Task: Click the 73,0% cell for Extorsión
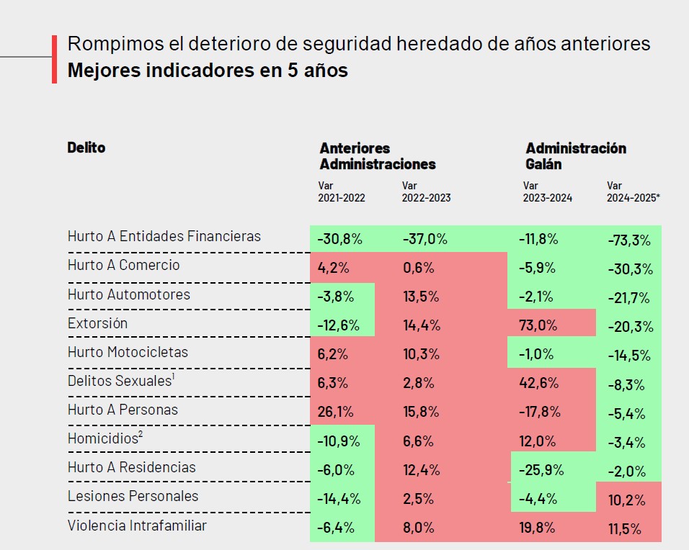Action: pyautogui.click(x=538, y=325)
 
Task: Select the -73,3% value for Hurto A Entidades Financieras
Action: pyautogui.click(x=629, y=240)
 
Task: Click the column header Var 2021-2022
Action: pyautogui.click(x=341, y=191)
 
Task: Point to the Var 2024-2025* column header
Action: pyautogui.click(x=633, y=191)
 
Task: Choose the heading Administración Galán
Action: pyautogui.click(x=575, y=155)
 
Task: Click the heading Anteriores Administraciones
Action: pyautogui.click(x=378, y=155)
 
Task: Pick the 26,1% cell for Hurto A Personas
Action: pyautogui.click(x=334, y=410)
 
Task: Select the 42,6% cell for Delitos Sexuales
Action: pyautogui.click(x=538, y=382)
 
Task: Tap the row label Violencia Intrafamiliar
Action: pyautogui.click(x=137, y=526)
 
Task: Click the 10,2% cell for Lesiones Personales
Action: pyautogui.click(x=626, y=499)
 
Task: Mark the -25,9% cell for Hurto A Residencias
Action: pyautogui.click(x=541, y=470)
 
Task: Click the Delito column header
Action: pyautogui.click(x=86, y=148)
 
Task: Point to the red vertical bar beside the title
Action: pyautogui.click(x=54, y=58)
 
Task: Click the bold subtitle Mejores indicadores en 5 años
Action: pyautogui.click(x=208, y=71)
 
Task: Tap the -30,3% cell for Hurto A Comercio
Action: pyautogui.click(x=629, y=269)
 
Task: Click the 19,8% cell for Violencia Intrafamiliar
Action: pyautogui.click(x=537, y=528)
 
